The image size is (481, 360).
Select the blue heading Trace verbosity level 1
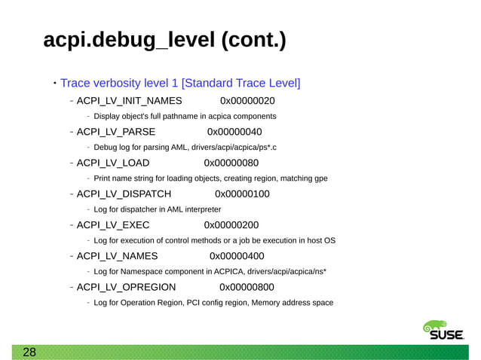point(180,82)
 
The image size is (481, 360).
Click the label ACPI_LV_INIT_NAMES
point(129,100)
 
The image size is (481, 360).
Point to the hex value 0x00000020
point(247,100)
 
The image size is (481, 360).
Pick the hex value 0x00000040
point(234,132)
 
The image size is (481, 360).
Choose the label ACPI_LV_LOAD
point(113,163)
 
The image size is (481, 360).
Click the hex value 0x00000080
point(231,163)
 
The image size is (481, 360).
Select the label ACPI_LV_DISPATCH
point(124,194)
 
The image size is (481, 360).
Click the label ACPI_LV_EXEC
point(113,224)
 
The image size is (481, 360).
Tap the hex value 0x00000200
point(231,224)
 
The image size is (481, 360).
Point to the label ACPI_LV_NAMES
point(117,256)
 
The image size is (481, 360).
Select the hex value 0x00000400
point(237,256)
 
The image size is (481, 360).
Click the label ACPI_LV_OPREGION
point(127,287)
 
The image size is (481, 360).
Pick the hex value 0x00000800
point(247,287)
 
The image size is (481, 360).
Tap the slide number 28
point(29,352)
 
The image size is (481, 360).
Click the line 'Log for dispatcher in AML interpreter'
point(158,209)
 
